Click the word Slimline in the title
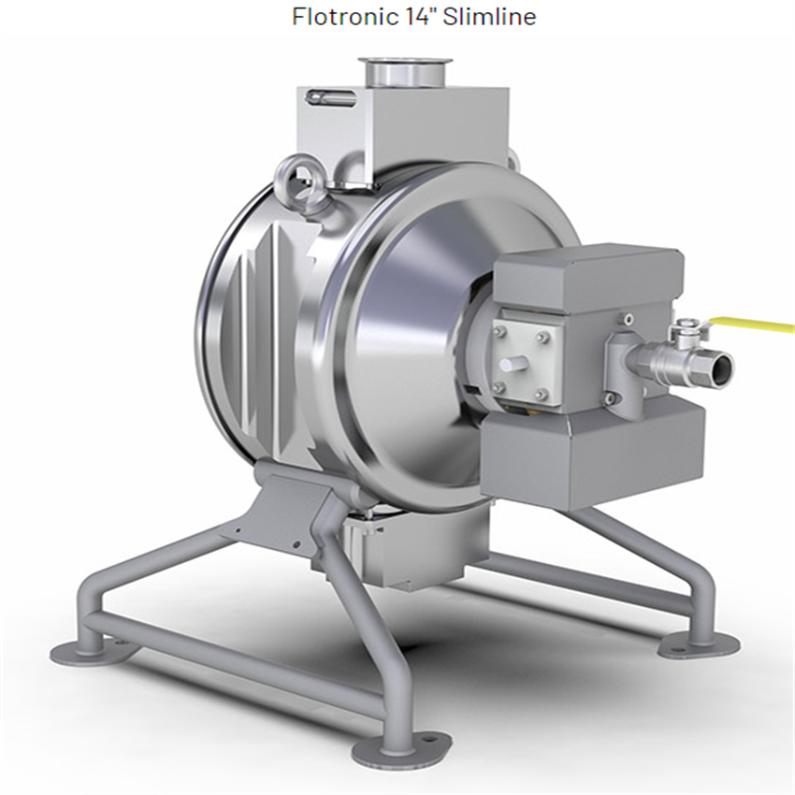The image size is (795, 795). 489,17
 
